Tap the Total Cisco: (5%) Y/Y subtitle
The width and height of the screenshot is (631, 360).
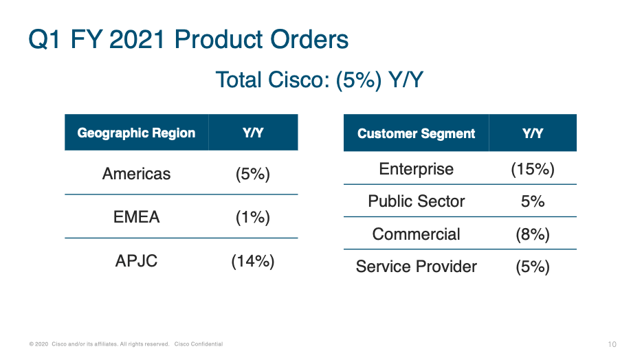click(x=319, y=80)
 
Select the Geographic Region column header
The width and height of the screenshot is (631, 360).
click(x=136, y=133)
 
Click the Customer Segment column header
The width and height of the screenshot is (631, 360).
click(x=416, y=133)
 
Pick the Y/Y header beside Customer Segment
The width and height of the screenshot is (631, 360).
click(x=533, y=133)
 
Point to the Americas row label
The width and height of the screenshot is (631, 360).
click(x=136, y=174)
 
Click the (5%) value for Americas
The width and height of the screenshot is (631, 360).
click(x=252, y=174)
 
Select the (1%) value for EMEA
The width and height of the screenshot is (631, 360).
click(x=252, y=217)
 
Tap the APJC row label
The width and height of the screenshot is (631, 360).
click(x=136, y=261)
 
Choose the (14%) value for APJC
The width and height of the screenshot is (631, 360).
click(x=252, y=261)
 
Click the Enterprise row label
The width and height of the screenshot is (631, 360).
click(x=416, y=169)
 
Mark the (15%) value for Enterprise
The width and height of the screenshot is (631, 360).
click(x=533, y=169)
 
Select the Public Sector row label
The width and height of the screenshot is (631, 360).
click(x=416, y=201)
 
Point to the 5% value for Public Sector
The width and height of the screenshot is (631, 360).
click(x=533, y=201)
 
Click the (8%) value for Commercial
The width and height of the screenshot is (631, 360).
click(x=533, y=234)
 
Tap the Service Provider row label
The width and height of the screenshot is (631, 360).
click(x=416, y=267)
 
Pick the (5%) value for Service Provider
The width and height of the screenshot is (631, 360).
click(x=533, y=267)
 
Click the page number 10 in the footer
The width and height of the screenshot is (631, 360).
click(x=612, y=344)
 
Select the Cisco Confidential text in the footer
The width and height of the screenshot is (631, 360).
click(x=199, y=344)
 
